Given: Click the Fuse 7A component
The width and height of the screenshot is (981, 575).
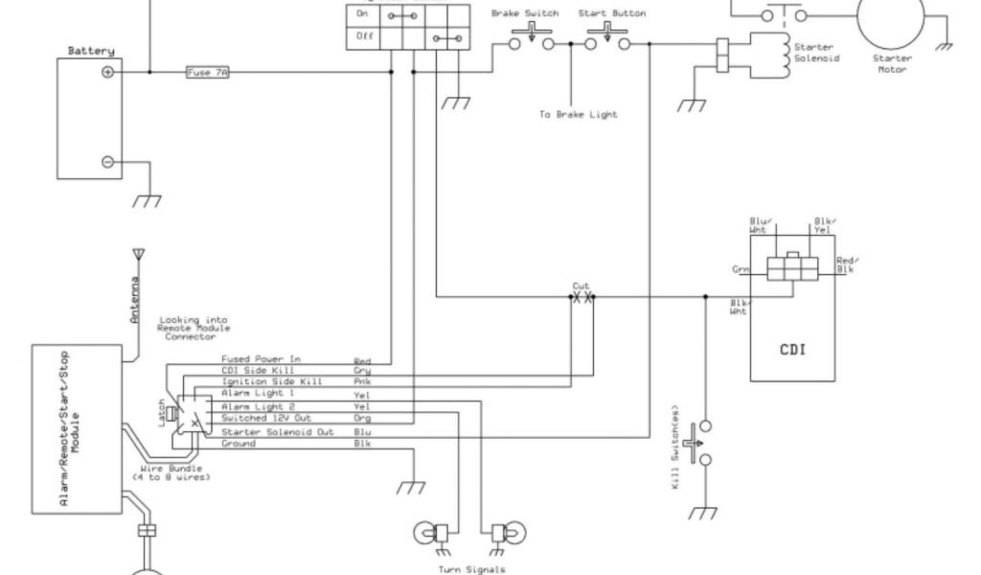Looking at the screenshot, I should [x=207, y=72].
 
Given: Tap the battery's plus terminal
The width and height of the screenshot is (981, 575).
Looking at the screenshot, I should [x=108, y=72].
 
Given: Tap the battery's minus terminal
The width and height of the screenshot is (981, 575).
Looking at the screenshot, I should [x=108, y=163].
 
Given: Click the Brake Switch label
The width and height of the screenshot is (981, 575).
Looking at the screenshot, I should [x=524, y=14].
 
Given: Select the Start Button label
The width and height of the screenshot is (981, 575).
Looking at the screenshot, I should [x=612, y=14].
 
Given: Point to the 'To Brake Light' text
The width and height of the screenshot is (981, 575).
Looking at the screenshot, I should [x=578, y=115].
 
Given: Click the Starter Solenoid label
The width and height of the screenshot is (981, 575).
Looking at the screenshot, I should [x=814, y=53].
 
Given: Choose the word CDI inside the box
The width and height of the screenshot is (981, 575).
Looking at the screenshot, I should [x=791, y=349].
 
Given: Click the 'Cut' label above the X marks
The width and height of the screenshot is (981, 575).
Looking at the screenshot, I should [x=581, y=287].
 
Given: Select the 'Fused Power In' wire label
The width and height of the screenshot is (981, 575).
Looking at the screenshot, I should [x=262, y=359].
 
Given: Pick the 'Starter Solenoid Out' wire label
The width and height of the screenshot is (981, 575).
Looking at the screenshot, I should [x=278, y=431].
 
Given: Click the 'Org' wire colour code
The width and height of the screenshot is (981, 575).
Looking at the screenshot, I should [x=362, y=420].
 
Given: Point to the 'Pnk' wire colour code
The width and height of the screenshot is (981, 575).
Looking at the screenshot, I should [x=362, y=383].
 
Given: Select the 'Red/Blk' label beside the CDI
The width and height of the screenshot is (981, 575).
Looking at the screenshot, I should [x=846, y=265].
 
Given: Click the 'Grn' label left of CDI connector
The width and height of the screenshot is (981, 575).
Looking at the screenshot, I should [x=741, y=270].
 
